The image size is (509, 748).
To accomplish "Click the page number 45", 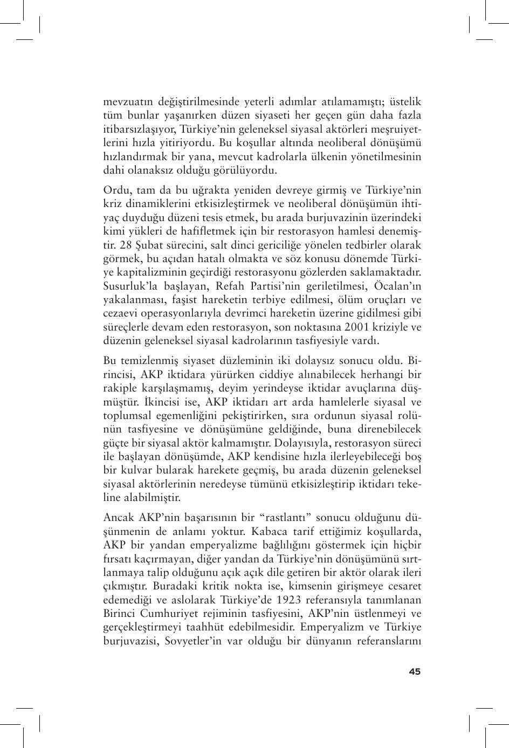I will click(414, 671).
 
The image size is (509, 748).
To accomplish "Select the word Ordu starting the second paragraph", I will click(115, 190).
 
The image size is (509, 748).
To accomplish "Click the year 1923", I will click(292, 600).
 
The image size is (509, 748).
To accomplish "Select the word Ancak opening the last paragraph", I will click(119, 517).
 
